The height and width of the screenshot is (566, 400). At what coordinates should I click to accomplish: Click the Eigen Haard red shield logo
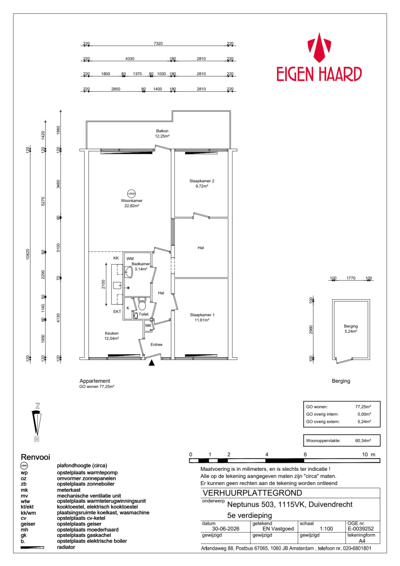319,48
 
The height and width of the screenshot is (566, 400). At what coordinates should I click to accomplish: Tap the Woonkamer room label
132,201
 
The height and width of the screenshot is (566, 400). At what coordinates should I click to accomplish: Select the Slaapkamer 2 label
202,181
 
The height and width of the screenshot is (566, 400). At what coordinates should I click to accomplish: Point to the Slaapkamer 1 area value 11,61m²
202,320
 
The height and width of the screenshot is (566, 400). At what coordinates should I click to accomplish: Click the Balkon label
162,131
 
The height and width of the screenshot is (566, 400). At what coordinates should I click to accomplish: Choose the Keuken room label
112,333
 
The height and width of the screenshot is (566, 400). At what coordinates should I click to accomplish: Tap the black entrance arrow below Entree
151,363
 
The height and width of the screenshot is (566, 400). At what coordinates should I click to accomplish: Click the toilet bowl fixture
142,304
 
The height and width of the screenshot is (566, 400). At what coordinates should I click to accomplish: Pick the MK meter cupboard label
148,326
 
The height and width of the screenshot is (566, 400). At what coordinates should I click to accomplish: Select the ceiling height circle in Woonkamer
131,194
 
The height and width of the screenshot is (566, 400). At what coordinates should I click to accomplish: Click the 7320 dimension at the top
158,44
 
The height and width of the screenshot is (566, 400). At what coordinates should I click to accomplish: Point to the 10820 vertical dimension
28,254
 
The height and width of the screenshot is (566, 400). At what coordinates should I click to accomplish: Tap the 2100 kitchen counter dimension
103,284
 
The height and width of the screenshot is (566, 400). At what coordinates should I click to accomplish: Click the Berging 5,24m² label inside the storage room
351,329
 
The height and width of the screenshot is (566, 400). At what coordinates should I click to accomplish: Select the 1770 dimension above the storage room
351,278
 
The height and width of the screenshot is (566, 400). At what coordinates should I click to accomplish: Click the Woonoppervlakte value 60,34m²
363,441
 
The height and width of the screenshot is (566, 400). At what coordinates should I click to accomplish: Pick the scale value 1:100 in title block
326,529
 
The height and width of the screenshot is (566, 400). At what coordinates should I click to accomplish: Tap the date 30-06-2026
226,529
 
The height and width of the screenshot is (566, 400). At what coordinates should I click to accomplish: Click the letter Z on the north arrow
37,406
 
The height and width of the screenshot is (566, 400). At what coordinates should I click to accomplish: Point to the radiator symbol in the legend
32,548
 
